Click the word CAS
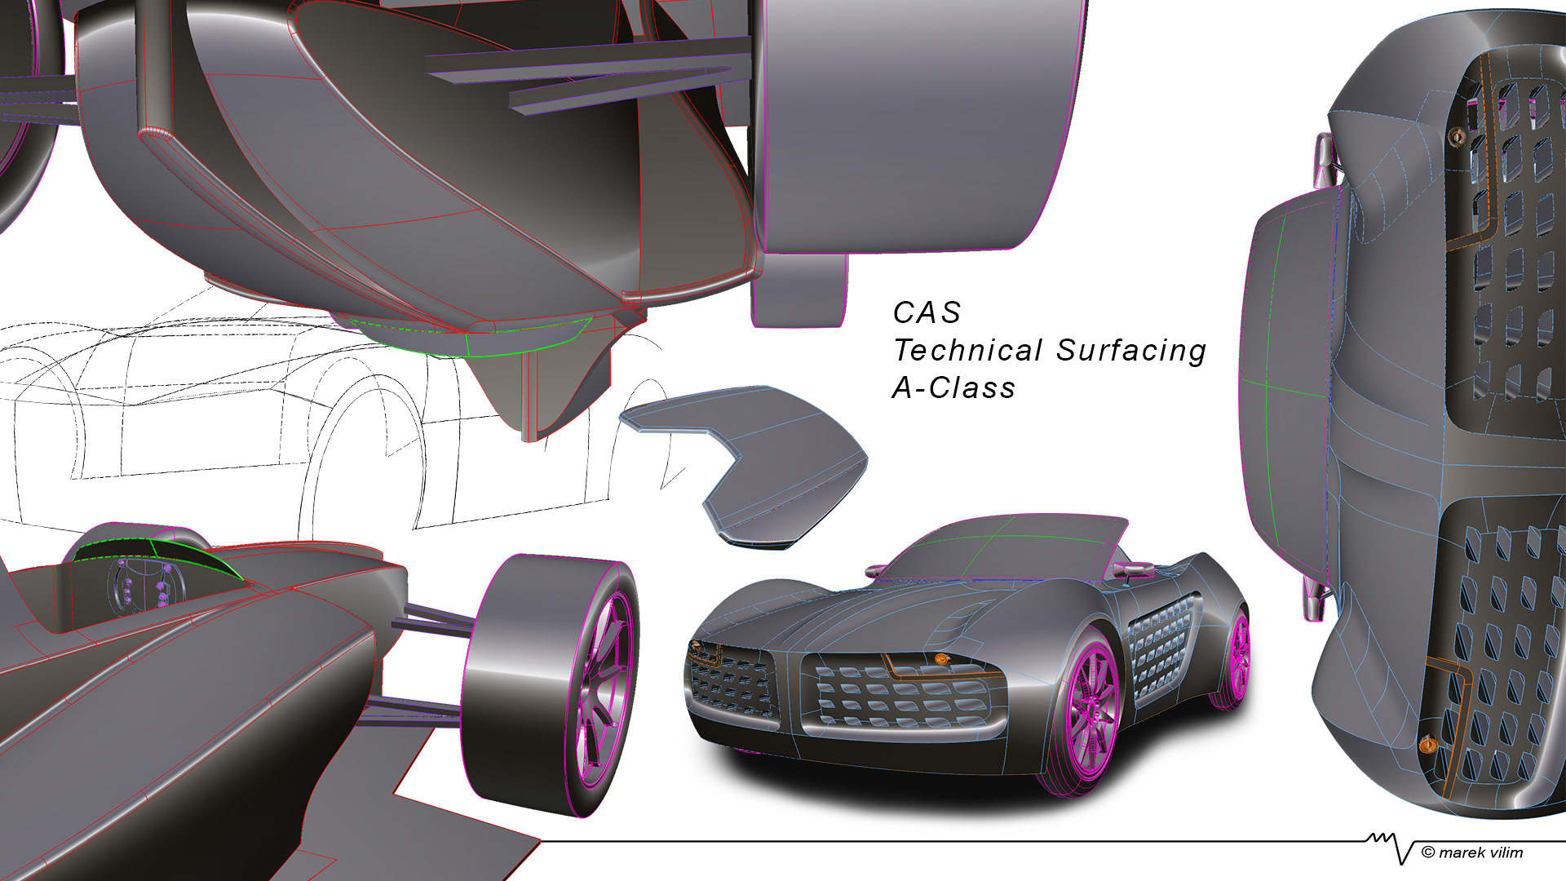point(927,313)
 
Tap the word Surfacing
point(1131,351)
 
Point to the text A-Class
point(953,388)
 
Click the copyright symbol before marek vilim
point(1427,852)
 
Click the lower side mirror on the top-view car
point(1313,600)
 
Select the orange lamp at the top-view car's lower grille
point(1427,744)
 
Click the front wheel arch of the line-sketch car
point(359,432)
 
